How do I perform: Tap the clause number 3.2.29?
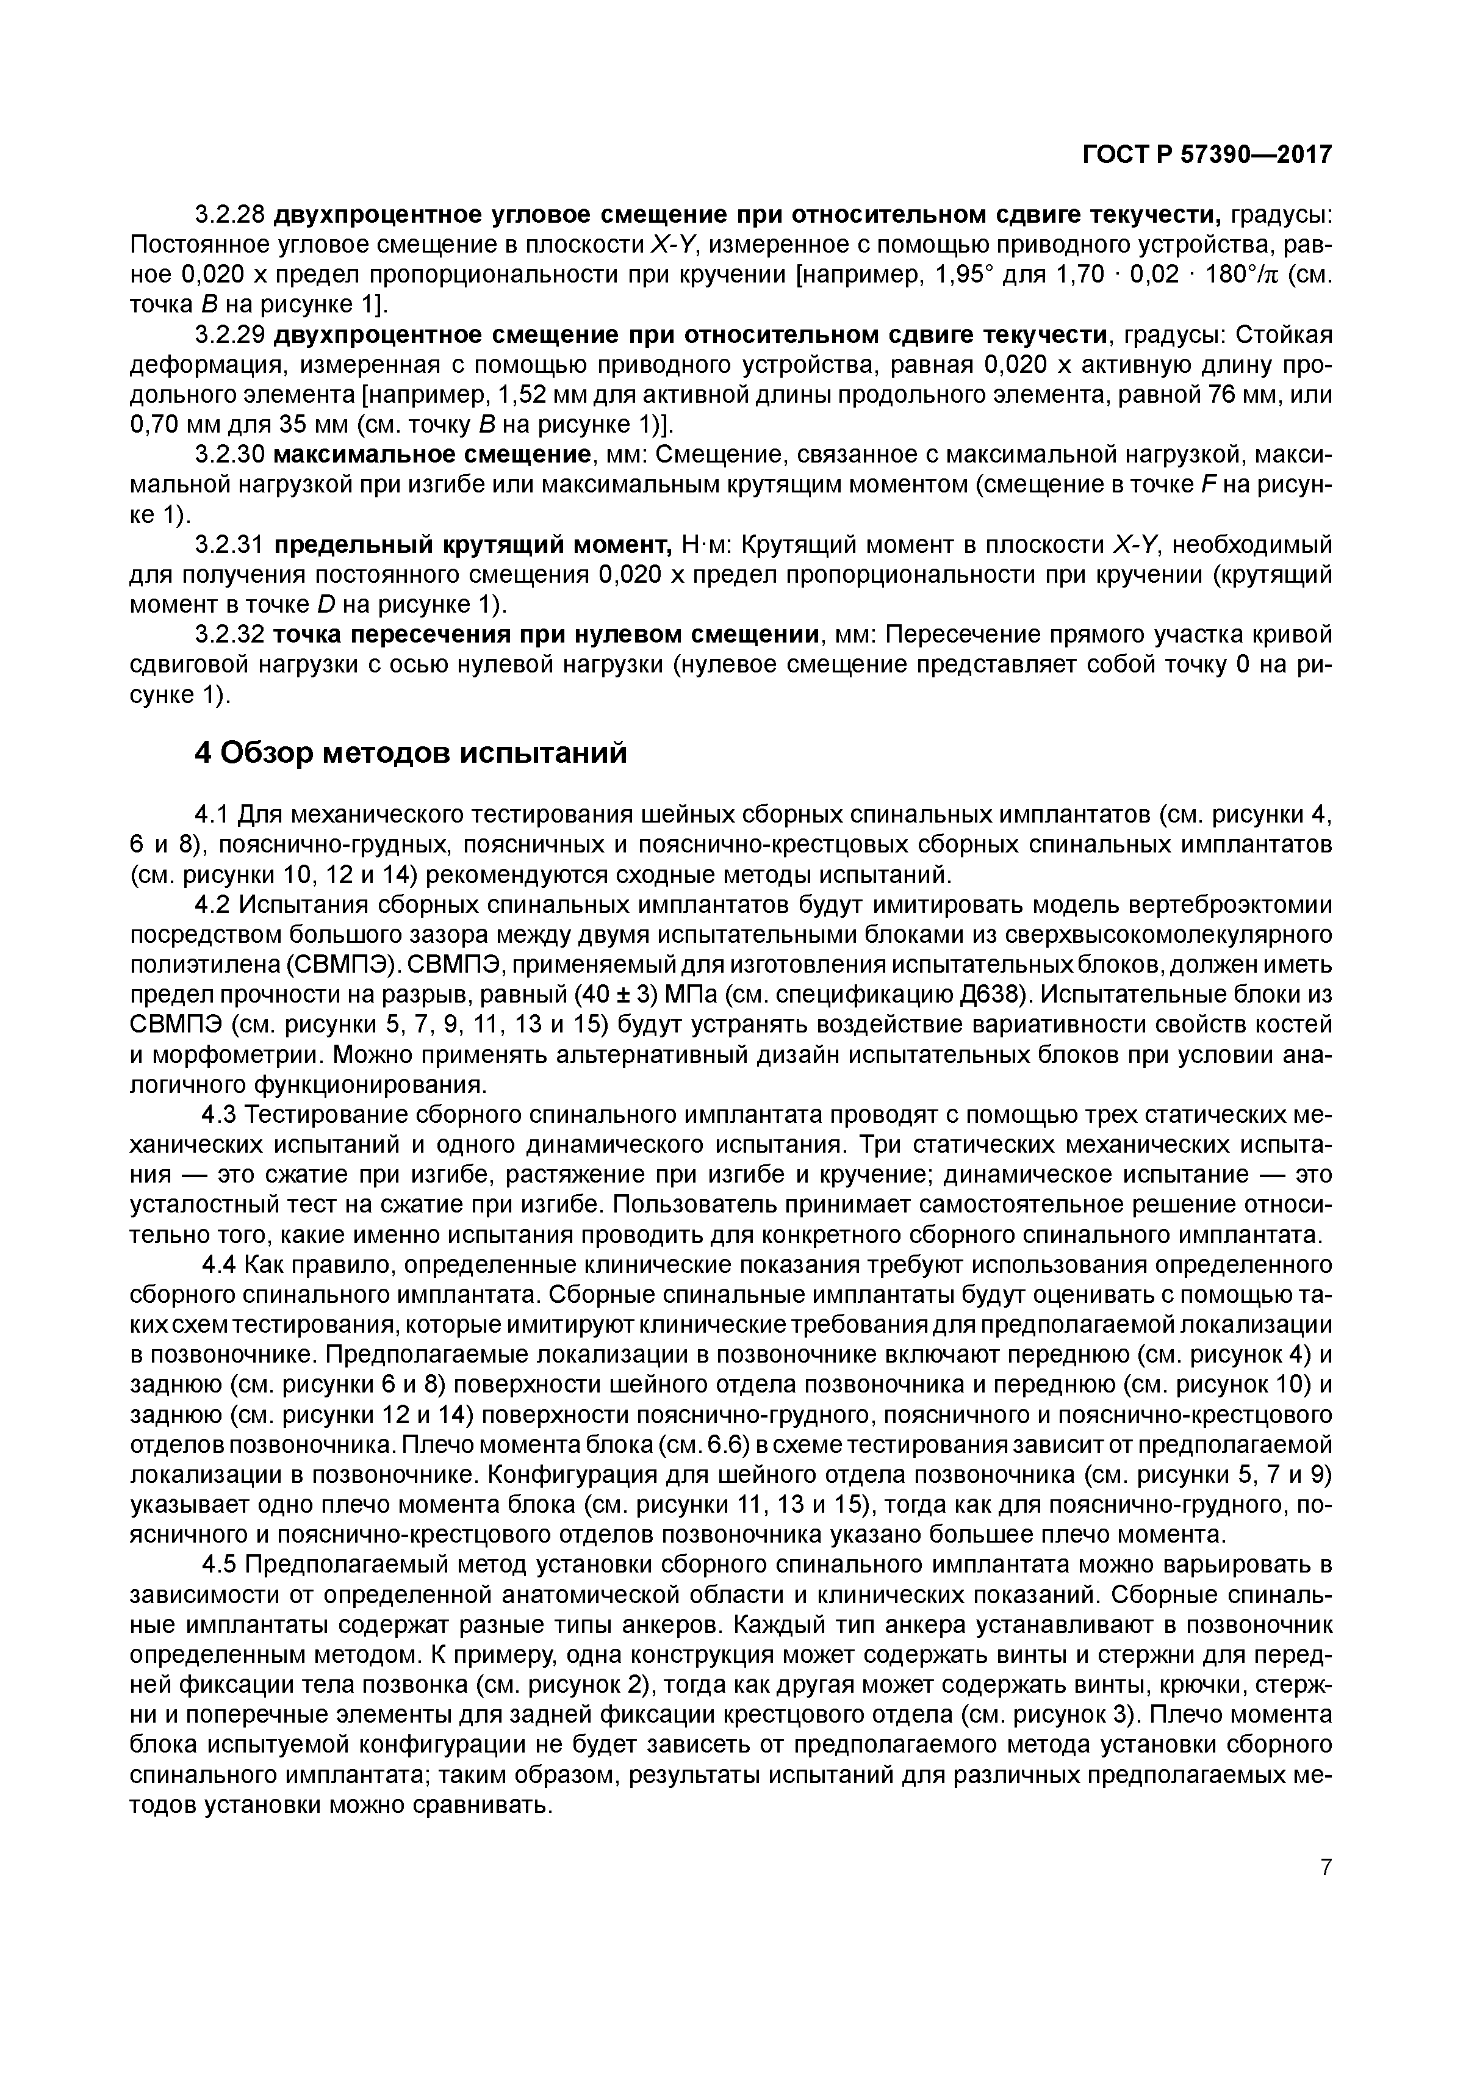(x=230, y=335)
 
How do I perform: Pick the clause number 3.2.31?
(x=230, y=544)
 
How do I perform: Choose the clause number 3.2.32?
(x=230, y=633)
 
